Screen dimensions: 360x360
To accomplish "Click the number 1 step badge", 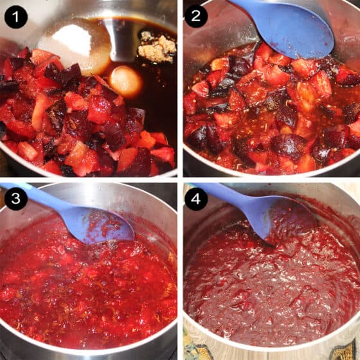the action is click(16, 17).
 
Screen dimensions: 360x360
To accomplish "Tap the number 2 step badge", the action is click(196, 16).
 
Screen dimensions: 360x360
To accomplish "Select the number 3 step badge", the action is click(16, 199).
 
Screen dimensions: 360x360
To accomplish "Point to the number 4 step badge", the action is click(196, 199).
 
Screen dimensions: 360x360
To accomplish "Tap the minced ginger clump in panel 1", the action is click(157, 48).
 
